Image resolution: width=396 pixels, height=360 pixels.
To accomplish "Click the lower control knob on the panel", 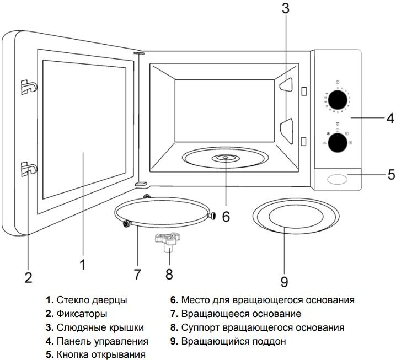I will [337, 143].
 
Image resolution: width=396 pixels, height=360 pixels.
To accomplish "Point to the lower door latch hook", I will [27, 169].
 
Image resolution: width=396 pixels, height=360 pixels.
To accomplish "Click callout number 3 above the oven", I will [285, 8].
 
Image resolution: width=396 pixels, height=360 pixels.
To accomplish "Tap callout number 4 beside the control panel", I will [389, 117].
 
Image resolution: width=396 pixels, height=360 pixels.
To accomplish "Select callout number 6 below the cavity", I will [226, 216].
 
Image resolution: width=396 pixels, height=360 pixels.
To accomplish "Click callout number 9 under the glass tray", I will [284, 282].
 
